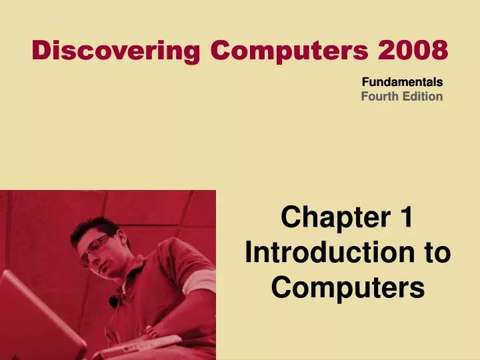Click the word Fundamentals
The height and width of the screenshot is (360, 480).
pyautogui.click(x=402, y=83)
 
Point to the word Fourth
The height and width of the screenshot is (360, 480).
pyautogui.click(x=380, y=97)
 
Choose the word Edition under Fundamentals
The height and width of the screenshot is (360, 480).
pyautogui.click(x=423, y=97)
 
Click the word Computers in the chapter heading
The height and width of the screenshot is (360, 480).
pyautogui.click(x=348, y=288)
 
